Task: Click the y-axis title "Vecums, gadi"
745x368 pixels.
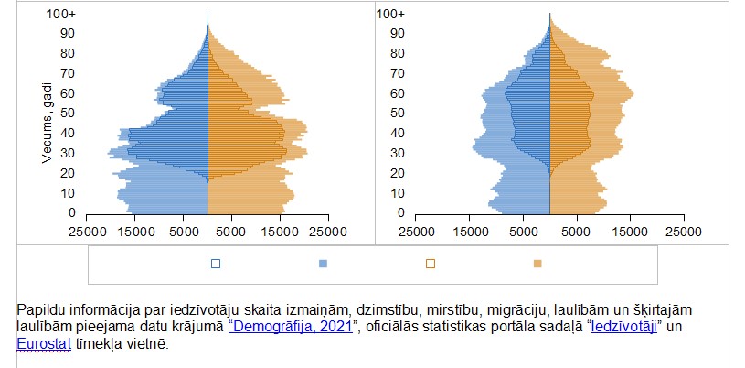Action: point(45,121)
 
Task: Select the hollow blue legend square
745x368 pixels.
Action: point(215,264)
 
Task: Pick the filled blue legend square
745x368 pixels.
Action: point(324,264)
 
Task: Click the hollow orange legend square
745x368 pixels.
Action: point(430,264)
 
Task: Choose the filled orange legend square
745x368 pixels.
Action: point(537,264)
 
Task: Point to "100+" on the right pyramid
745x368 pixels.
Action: point(389,14)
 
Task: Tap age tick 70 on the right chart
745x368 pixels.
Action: point(395,73)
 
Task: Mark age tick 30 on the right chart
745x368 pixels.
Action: point(395,153)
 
